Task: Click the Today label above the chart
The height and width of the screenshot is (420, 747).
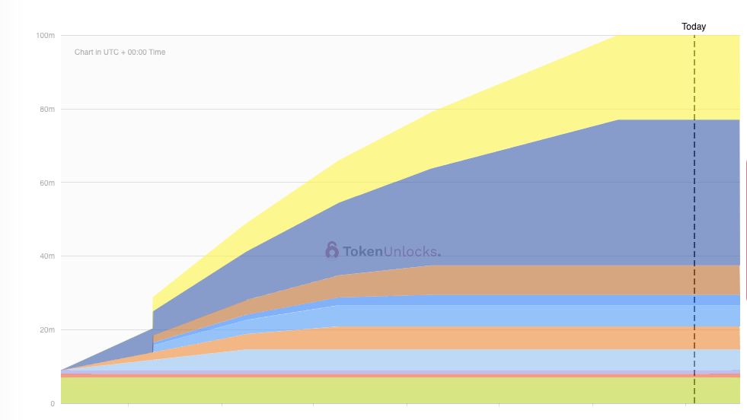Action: click(x=693, y=27)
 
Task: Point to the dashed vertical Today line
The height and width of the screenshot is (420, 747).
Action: click(x=694, y=228)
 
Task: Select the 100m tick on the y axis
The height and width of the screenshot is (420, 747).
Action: click(x=46, y=36)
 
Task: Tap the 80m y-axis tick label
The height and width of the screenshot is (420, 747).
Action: click(x=46, y=110)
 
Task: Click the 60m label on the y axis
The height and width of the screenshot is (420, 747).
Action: click(x=46, y=183)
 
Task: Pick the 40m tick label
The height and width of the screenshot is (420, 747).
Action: click(x=46, y=256)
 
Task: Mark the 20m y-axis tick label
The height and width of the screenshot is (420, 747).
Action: click(x=46, y=330)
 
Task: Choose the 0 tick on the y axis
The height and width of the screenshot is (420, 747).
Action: click(x=53, y=403)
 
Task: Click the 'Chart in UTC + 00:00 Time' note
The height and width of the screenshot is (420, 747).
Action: click(x=120, y=52)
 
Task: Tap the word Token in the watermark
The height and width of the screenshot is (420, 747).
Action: click(x=363, y=252)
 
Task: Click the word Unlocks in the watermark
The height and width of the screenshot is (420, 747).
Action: click(x=412, y=252)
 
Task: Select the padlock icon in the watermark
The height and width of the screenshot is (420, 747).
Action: click(x=332, y=250)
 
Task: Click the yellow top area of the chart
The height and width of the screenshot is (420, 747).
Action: click(x=670, y=76)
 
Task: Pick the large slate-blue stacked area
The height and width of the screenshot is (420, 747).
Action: click(x=533, y=205)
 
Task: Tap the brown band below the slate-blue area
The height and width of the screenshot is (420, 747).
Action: click(x=533, y=280)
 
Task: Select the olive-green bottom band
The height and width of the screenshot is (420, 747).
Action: click(x=381, y=390)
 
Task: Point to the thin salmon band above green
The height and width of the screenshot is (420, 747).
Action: click(x=381, y=376)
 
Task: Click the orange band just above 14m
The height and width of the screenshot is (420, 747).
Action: click(x=533, y=338)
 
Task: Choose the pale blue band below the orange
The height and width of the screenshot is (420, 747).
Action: click(x=533, y=359)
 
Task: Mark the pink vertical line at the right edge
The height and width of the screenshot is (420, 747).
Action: click(x=746, y=228)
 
